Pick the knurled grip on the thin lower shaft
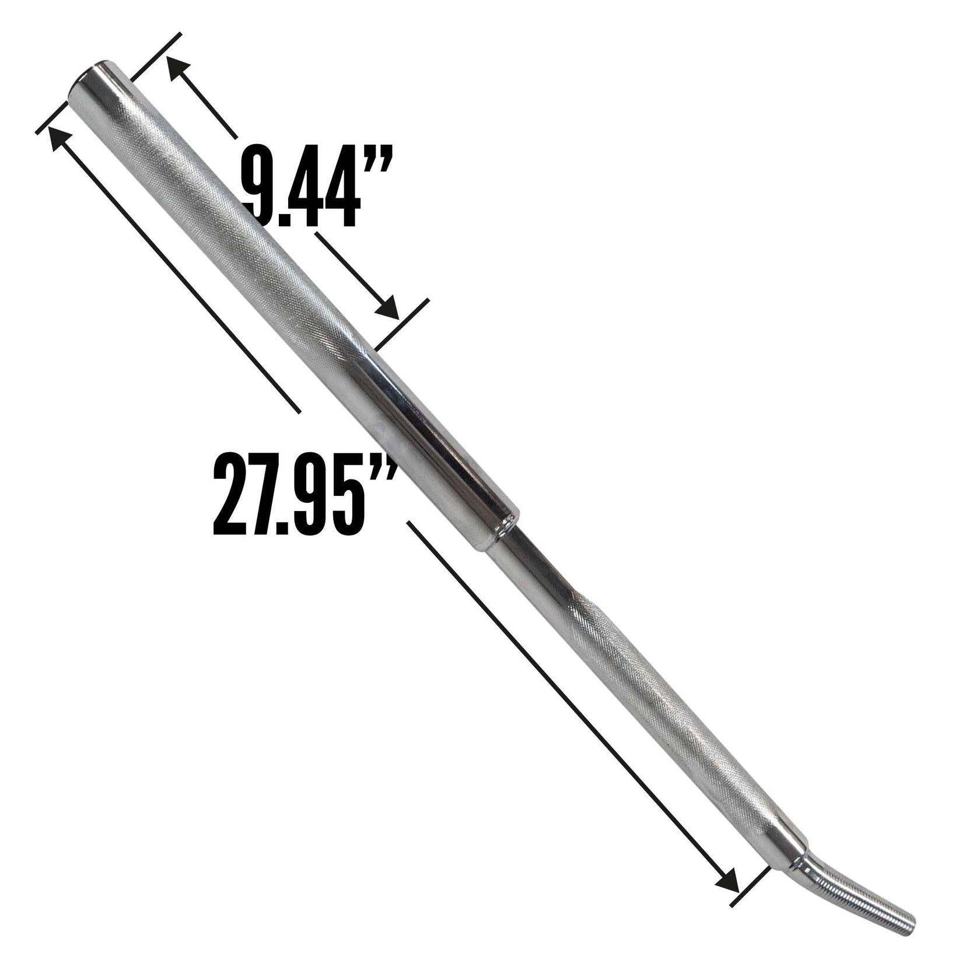[x=671, y=700]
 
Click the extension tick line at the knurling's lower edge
[x=402, y=324]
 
